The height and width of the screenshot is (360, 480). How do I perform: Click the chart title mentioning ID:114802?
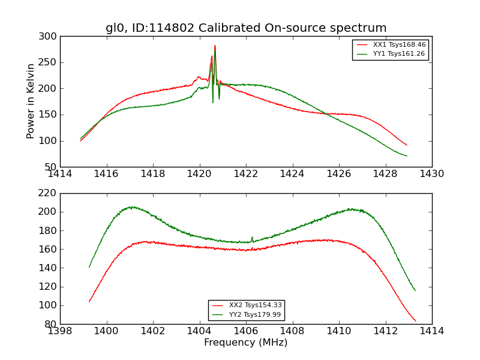[x=246, y=28]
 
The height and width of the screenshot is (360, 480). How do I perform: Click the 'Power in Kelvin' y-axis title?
[x=31, y=101]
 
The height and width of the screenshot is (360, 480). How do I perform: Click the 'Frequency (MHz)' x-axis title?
[x=245, y=343]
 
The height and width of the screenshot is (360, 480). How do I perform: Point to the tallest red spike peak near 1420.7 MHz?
[x=215, y=46]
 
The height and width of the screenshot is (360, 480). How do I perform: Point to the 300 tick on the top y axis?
[x=50, y=36]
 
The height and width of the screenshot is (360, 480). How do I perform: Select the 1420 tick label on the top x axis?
[x=199, y=173]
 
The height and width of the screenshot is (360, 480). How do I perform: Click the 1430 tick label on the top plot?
[x=431, y=173]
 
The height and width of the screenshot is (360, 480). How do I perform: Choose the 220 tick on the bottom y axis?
[x=50, y=193]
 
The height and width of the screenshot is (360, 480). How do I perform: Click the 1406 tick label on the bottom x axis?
[x=245, y=331]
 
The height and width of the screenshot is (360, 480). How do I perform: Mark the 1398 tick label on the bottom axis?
[x=60, y=331]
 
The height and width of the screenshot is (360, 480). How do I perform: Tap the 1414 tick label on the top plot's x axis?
[x=60, y=173]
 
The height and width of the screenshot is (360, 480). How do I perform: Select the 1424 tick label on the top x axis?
[x=292, y=173]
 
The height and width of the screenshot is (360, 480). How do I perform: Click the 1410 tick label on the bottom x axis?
[x=338, y=331]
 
